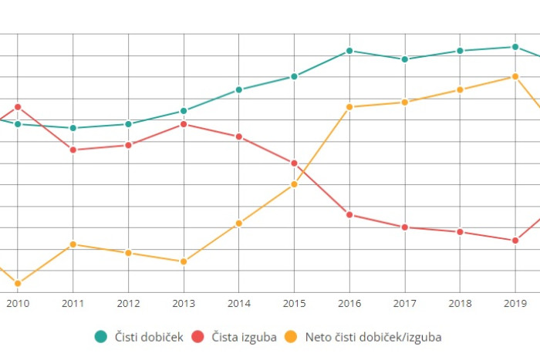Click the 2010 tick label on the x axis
[18, 304]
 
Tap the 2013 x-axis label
[184, 304]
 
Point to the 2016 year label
[349, 304]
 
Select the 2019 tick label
[515, 304]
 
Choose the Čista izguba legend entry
[243, 336]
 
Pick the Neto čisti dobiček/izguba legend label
[373, 336]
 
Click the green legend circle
[101, 336]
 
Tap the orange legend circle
[291, 336]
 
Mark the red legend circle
[198, 336]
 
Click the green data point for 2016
[349, 51]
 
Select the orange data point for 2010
[18, 284]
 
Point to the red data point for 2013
[184, 124]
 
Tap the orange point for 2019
[515, 76]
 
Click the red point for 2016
[349, 214]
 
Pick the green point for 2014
[239, 89]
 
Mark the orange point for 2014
[239, 224]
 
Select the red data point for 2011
[73, 150]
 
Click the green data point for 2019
[515, 47]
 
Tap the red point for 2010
[18, 107]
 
